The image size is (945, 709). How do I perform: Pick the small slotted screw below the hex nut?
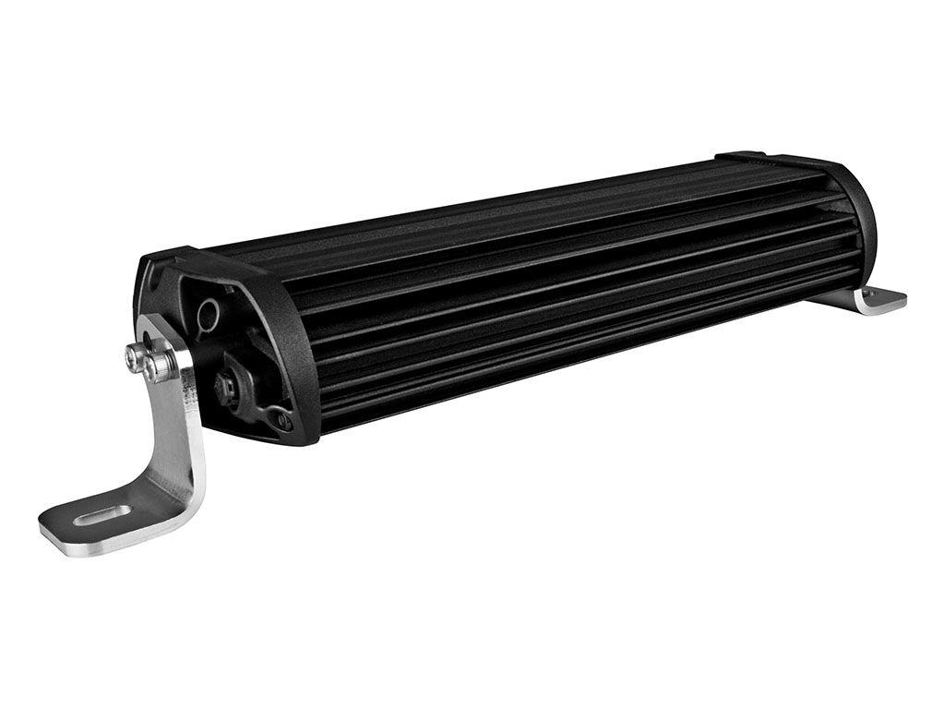281,420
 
